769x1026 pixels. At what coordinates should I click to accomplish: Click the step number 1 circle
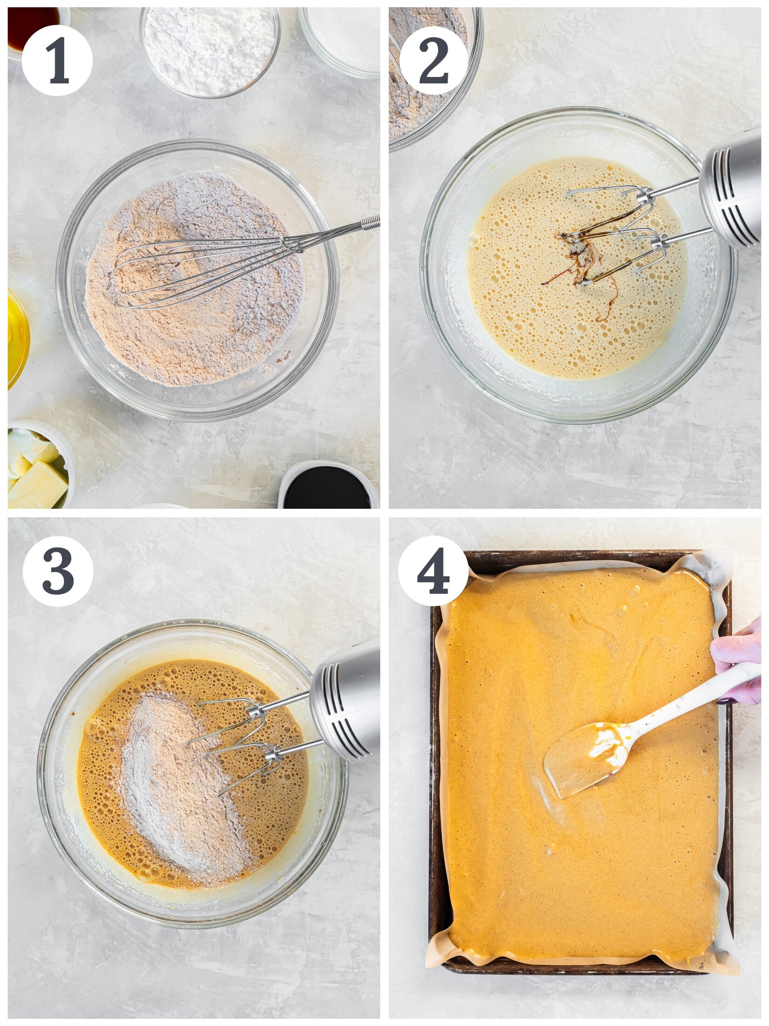[57, 61]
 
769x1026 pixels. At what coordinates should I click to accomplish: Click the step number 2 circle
[433, 61]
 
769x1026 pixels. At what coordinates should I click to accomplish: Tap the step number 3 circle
[58, 571]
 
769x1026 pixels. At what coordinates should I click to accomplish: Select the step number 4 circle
[433, 571]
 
